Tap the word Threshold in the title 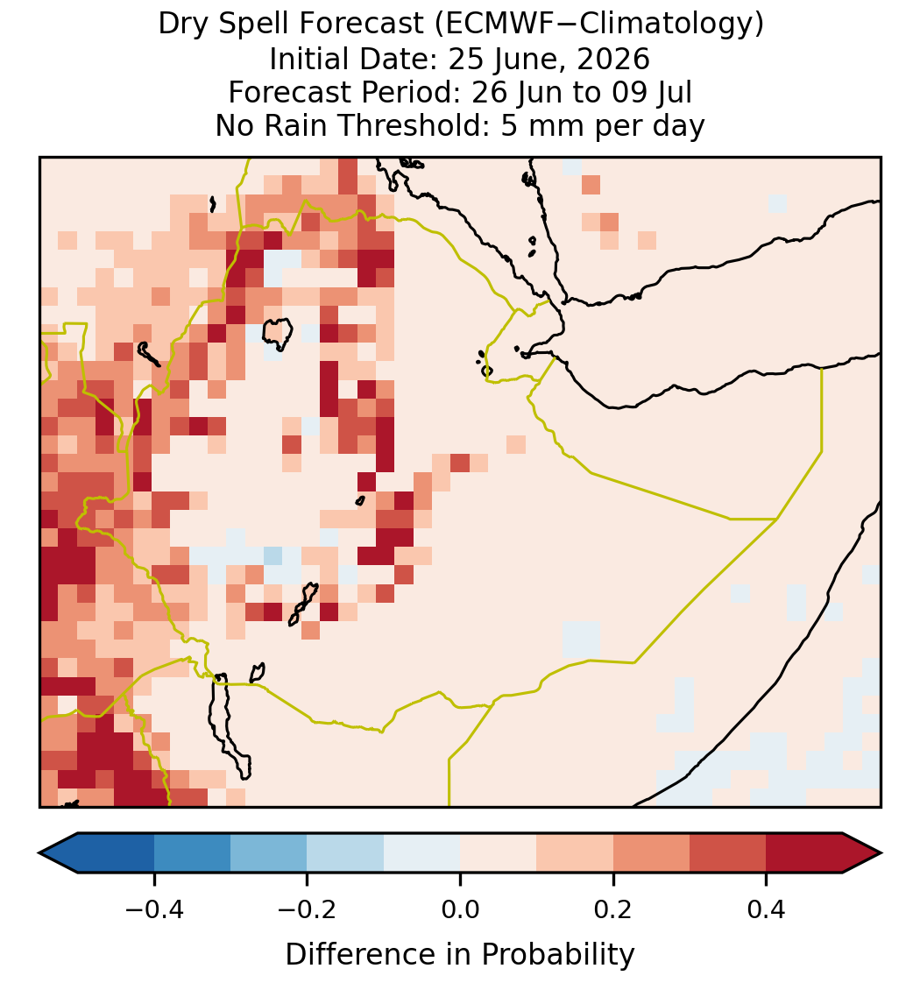414,125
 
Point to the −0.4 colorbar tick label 153,909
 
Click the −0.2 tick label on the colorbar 307,909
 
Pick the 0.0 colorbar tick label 460,909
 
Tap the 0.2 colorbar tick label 613,909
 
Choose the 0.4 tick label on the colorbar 767,909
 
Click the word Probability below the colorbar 557,955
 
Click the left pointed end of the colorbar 39,853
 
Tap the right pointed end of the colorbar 881,853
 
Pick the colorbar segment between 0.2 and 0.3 651,853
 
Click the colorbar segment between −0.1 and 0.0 422,853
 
